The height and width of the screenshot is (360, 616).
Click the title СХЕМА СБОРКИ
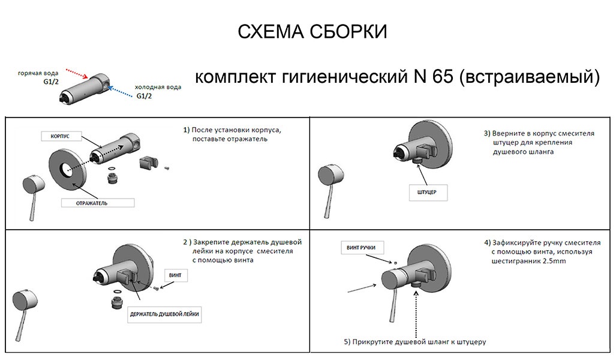coord(312,32)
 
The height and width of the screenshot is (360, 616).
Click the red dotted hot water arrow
coord(76,73)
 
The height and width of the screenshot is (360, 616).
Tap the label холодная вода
coord(157,88)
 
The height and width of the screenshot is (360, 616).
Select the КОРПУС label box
coord(61,136)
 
